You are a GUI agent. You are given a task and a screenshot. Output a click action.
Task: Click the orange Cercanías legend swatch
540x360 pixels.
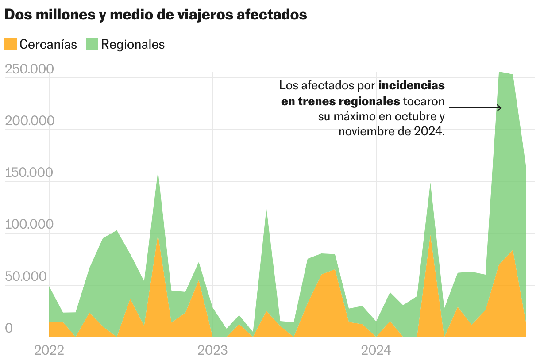pos(10,44)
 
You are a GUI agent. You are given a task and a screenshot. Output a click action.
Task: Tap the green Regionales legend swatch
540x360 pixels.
pos(92,44)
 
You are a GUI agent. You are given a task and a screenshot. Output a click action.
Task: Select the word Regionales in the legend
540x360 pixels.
pos(133,44)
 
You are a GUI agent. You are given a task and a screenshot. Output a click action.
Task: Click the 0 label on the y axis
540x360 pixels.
pos(8,328)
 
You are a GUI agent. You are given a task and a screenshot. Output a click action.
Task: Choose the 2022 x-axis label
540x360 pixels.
pos(49,351)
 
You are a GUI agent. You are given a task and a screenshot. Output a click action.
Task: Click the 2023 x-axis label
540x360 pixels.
pos(212,351)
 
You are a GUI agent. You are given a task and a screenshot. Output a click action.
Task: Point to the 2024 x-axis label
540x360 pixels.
pos(376,351)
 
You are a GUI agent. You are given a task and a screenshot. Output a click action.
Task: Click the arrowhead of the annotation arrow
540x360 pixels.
pos(499,107)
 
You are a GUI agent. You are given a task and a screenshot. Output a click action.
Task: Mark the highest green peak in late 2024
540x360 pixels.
pos(499,73)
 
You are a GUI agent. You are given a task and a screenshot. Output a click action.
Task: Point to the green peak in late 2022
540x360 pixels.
pos(158,172)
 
